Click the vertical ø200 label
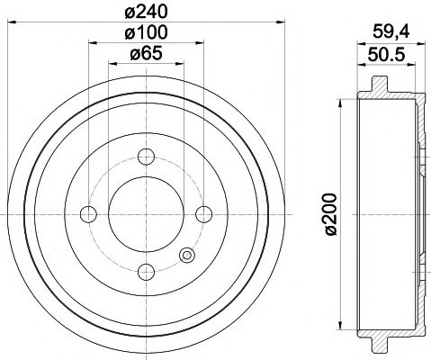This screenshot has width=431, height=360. pos(331,212)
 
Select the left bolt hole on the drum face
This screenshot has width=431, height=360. pos(88,213)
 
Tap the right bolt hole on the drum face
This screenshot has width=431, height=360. pos(204,213)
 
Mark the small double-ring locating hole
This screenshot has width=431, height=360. pos(187,255)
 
